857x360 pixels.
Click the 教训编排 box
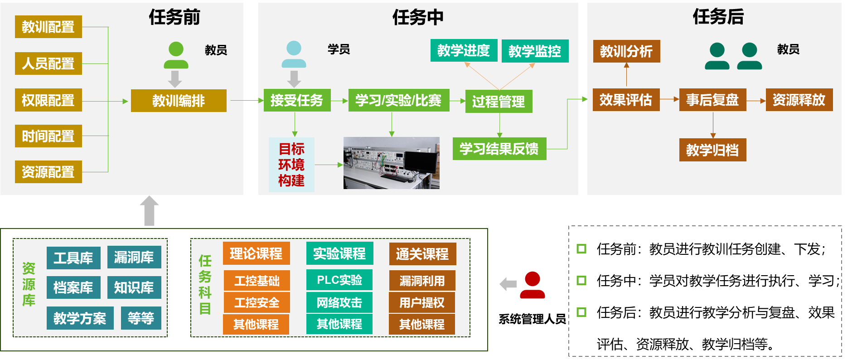[x=179, y=101]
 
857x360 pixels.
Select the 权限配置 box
[x=48, y=100]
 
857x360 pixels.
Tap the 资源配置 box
[x=48, y=172]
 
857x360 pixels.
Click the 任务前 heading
[x=174, y=17]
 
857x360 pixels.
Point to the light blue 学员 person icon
[x=294, y=54]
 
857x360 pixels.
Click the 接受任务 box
[x=297, y=100]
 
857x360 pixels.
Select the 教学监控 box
[x=535, y=51]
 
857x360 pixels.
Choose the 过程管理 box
[x=499, y=102]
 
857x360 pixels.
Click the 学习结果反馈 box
[x=499, y=149]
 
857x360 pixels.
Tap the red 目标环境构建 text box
[x=291, y=165]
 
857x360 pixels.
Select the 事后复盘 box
[x=712, y=100]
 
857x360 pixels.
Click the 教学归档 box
[x=712, y=150]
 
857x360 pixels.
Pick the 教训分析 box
[x=626, y=51]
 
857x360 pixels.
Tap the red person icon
[x=533, y=285]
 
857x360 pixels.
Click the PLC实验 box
[x=339, y=280]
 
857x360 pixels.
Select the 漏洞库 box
[x=134, y=258]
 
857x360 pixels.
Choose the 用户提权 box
[x=421, y=302]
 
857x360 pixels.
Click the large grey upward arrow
[x=149, y=210]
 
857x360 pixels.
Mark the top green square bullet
[x=581, y=248]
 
